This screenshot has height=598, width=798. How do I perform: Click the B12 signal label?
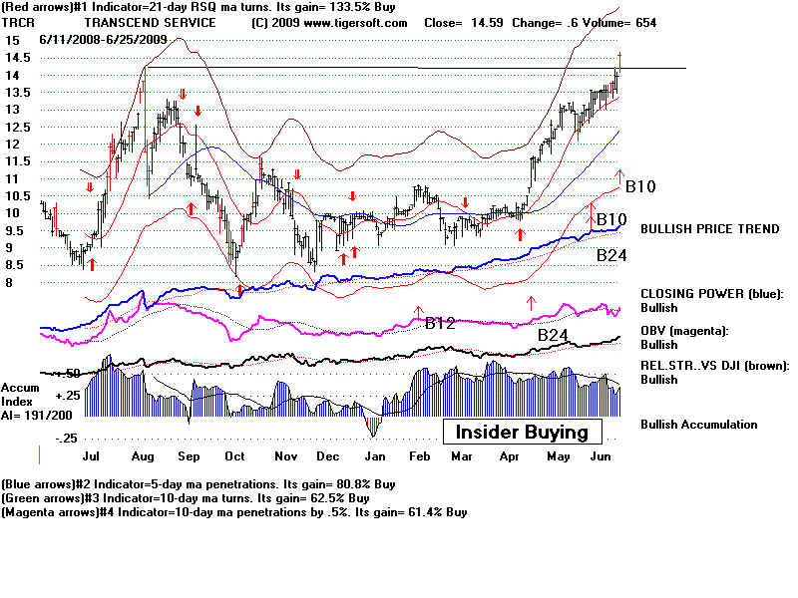(441, 323)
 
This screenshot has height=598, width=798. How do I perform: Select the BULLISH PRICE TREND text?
(709, 229)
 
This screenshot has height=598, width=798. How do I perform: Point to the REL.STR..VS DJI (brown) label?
(714, 365)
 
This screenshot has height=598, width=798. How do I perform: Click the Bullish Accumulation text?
(698, 425)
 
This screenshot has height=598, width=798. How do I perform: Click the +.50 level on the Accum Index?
(68, 373)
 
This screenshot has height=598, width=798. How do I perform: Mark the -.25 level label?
(68, 439)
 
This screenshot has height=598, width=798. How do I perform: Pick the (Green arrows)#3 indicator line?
(185, 497)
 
